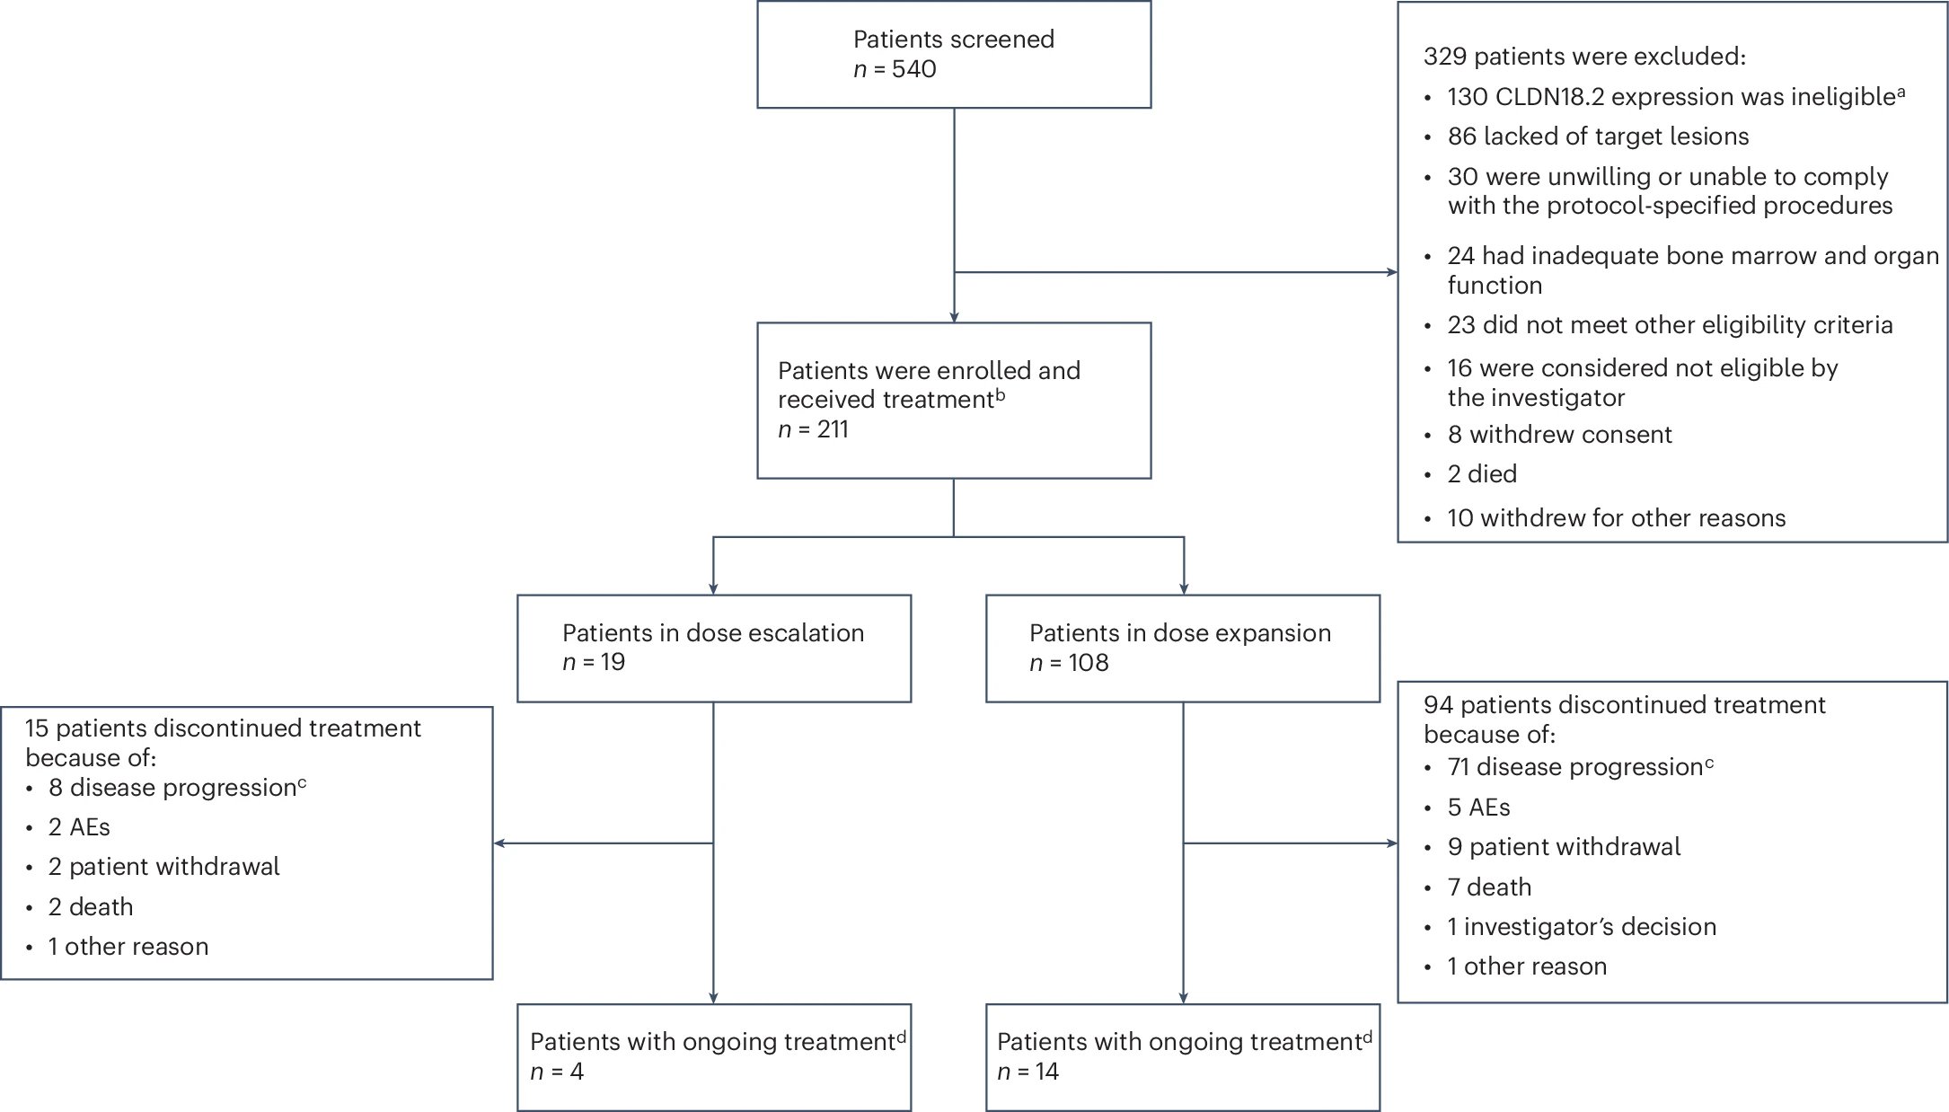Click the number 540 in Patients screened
913,69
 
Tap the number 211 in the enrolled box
833,429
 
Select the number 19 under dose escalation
613,663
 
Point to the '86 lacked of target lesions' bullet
1598,137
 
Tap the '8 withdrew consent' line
1559,435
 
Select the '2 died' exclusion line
1482,474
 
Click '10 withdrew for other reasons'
1616,518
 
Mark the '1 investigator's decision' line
1582,927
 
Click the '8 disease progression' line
177,788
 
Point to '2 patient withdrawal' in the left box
163,867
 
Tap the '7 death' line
1489,887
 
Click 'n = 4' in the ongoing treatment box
557,1072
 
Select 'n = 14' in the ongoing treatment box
1027,1072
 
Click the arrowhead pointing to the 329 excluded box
1392,272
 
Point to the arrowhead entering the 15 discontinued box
499,843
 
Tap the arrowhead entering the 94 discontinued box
1392,843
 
